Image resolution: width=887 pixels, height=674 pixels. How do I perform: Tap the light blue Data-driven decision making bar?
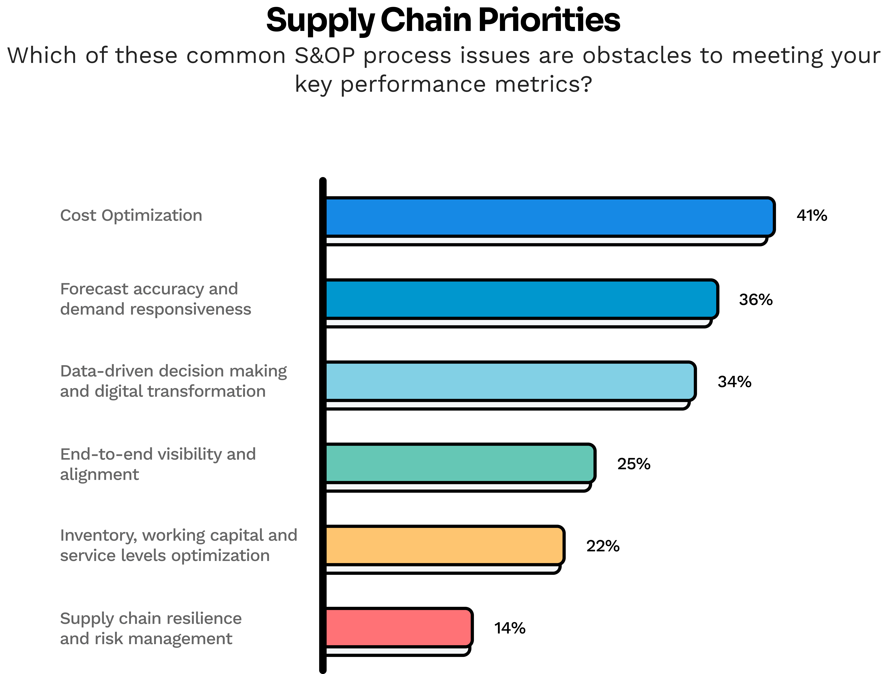click(x=510, y=381)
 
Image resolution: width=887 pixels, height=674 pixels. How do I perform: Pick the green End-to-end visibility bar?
click(x=460, y=463)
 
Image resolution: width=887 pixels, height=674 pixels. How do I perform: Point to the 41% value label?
click(x=811, y=216)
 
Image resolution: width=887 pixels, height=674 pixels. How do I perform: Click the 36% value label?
click(x=755, y=300)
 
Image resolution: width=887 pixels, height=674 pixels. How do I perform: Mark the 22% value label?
click(x=602, y=546)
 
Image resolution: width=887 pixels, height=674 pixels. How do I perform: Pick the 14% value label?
click(x=509, y=628)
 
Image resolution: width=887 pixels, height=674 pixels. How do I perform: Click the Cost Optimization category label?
click(x=131, y=215)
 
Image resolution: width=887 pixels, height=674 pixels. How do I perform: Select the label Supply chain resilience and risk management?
click(x=151, y=628)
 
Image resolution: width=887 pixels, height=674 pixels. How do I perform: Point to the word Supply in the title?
click(x=320, y=21)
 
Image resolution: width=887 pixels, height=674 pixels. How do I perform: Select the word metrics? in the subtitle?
click(x=543, y=84)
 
